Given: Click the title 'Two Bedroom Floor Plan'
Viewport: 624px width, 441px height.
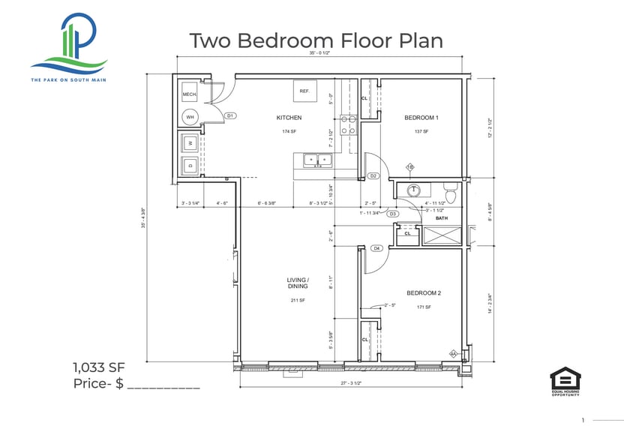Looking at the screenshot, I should tap(315, 40).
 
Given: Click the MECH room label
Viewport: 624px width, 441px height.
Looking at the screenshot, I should tap(189, 95).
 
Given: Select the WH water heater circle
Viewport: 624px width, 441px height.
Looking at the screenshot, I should tap(190, 117).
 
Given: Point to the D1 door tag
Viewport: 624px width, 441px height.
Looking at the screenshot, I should tap(230, 115).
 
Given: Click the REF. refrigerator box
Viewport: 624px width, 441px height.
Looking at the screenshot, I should tap(304, 91).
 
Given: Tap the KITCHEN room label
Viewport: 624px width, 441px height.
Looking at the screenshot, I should tap(289, 118).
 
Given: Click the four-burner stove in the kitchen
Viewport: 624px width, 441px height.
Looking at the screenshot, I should tap(348, 124).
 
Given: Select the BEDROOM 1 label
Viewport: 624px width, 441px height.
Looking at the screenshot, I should tap(421, 118).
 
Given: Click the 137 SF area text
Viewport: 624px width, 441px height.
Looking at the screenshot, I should tap(421, 131).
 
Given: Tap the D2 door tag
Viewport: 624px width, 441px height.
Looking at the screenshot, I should tap(373, 175).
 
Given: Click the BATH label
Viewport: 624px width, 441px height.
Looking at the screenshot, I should tap(442, 218).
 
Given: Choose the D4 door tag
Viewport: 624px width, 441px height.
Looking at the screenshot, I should tap(376, 247).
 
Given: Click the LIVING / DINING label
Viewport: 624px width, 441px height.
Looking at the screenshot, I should tap(298, 283).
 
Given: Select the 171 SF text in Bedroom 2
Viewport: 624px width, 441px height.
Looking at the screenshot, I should tap(423, 307).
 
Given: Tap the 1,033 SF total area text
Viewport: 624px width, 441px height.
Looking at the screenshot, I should tap(99, 367).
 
